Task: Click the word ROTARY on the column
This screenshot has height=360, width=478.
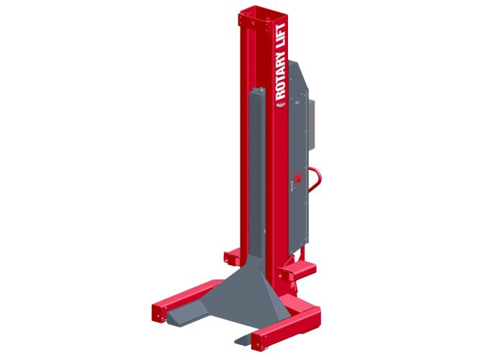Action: [281, 79]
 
